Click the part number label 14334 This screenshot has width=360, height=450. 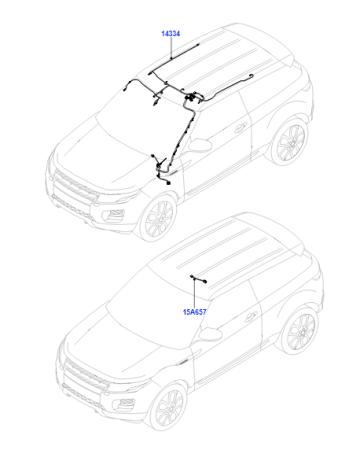(x=171, y=34)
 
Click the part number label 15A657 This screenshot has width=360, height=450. (x=195, y=312)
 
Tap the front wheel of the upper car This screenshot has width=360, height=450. (x=160, y=218)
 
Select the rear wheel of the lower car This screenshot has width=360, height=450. (x=301, y=330)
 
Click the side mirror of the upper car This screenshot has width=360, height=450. (x=200, y=145)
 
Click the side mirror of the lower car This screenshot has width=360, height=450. (x=211, y=334)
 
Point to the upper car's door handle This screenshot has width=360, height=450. (x=240, y=127)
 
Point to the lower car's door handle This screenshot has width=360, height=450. (x=251, y=317)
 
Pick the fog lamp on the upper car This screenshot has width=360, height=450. (x=115, y=214)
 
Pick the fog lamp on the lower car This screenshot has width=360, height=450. (x=126, y=403)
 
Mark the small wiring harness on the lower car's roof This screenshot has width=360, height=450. (x=199, y=279)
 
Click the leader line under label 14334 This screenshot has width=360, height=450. (x=171, y=48)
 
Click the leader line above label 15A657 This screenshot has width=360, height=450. (x=195, y=294)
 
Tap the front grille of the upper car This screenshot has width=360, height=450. (x=76, y=184)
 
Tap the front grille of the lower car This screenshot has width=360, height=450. (x=86, y=374)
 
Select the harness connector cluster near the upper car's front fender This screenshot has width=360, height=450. (x=161, y=170)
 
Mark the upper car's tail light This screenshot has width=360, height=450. (x=308, y=87)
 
